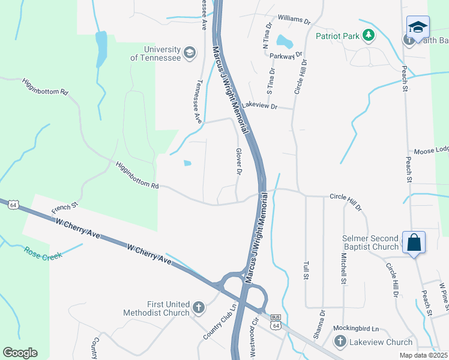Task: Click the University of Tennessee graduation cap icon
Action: [190, 53]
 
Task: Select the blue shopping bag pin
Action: [414, 243]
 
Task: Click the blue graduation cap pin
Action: [417, 28]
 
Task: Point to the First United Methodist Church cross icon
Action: [199, 308]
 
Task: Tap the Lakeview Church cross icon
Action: [340, 343]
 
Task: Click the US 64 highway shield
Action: [12, 205]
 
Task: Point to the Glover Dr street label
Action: [238, 162]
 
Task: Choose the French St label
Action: [65, 209]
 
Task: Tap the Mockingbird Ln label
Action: [357, 329]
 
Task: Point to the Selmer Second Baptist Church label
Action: [370, 242]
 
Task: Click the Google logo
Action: [20, 353]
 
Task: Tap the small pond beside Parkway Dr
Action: [283, 42]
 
